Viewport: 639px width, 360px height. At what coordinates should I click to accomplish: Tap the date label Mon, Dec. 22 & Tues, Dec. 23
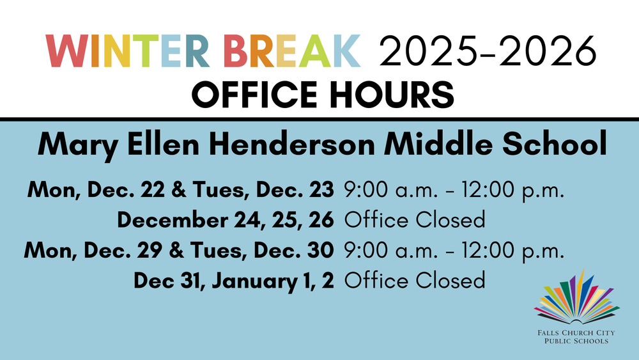click(181, 190)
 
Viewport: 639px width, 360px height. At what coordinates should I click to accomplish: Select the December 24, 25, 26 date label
click(225, 220)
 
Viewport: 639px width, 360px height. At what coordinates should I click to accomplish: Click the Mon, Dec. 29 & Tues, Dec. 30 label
click(178, 251)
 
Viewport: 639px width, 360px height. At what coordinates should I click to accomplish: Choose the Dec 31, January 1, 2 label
click(234, 281)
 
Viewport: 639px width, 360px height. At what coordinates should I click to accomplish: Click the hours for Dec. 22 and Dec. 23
click(454, 190)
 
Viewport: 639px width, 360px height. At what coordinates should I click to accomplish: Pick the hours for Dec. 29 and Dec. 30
click(454, 251)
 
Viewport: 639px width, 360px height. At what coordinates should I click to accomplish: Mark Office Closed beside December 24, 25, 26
click(415, 220)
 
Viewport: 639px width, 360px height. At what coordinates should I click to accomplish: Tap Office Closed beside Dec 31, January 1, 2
click(415, 281)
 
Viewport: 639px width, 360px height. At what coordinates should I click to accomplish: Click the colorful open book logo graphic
click(577, 297)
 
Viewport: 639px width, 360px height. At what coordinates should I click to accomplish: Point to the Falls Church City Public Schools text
click(576, 337)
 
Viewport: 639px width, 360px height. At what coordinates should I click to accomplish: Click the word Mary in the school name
click(78, 145)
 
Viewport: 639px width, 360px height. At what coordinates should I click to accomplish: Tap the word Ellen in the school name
click(165, 145)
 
